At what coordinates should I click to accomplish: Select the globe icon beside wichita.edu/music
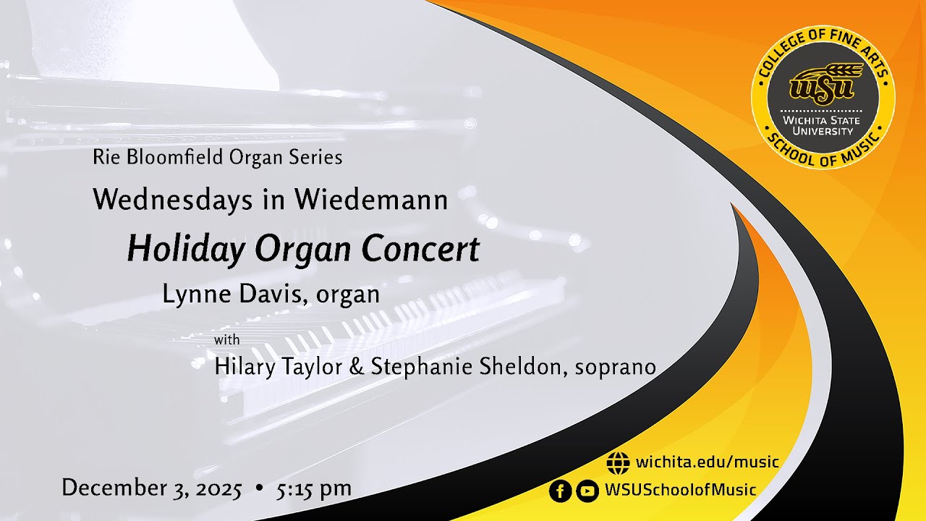point(618,462)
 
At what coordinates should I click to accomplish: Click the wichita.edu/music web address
point(707,462)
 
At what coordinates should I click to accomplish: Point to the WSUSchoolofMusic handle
point(680,490)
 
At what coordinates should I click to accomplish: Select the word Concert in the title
point(420,249)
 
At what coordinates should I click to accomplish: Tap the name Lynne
point(192,295)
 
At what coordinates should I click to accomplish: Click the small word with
point(227,339)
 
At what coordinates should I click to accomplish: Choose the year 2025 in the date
point(217,488)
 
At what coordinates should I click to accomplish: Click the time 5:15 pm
point(313,488)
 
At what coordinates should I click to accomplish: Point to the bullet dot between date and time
point(259,488)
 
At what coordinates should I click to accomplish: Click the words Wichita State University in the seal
point(823,125)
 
